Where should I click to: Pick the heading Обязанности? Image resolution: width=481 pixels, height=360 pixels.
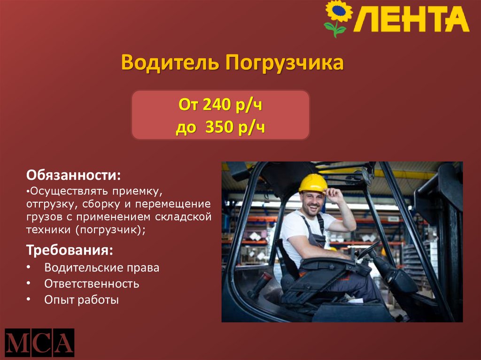(x=73, y=176)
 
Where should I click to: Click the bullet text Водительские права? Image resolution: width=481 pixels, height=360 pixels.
(x=102, y=268)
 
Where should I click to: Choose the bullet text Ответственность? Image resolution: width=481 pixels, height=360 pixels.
(x=92, y=283)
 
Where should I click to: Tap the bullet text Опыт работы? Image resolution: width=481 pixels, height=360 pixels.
(x=82, y=299)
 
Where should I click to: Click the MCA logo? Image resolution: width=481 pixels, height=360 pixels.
(x=39, y=343)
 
